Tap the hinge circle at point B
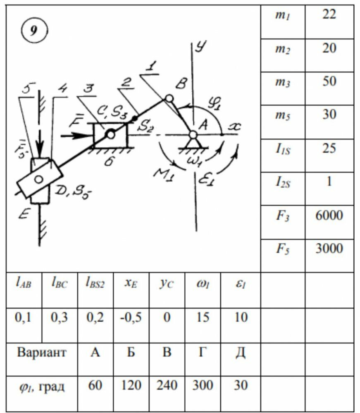click(169, 99)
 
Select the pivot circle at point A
click(193, 134)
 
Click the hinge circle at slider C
click(110, 134)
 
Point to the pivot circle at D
click(39, 179)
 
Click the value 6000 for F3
click(329, 215)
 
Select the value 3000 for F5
click(329, 248)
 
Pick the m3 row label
click(282, 82)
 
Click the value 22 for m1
click(329, 15)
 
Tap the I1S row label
click(282, 149)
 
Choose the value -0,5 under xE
click(131, 318)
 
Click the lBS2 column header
click(95, 284)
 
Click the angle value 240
click(167, 386)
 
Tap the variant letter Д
click(241, 353)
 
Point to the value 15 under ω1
click(203, 318)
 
